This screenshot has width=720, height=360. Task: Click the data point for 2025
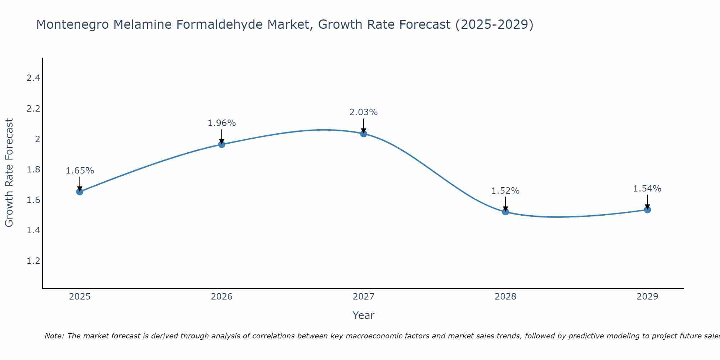80,192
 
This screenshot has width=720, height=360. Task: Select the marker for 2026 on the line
222,144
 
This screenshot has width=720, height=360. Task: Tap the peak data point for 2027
364,134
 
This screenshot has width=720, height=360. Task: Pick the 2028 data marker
505,212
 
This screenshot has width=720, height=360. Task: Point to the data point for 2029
647,210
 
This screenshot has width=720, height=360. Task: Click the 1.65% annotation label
80,171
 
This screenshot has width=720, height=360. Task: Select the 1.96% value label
222,123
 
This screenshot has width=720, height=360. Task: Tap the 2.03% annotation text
364,112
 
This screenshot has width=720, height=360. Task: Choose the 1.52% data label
505,191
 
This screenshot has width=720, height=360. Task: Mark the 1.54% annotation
647,189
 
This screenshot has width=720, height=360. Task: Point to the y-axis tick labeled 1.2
33,261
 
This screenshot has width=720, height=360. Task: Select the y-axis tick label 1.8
33,169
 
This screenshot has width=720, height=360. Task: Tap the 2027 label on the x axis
364,297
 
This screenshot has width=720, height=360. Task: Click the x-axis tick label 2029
647,297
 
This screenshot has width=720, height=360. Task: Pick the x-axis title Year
364,315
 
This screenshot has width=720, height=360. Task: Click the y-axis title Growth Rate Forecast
9,172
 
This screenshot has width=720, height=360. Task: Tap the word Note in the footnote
54,336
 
